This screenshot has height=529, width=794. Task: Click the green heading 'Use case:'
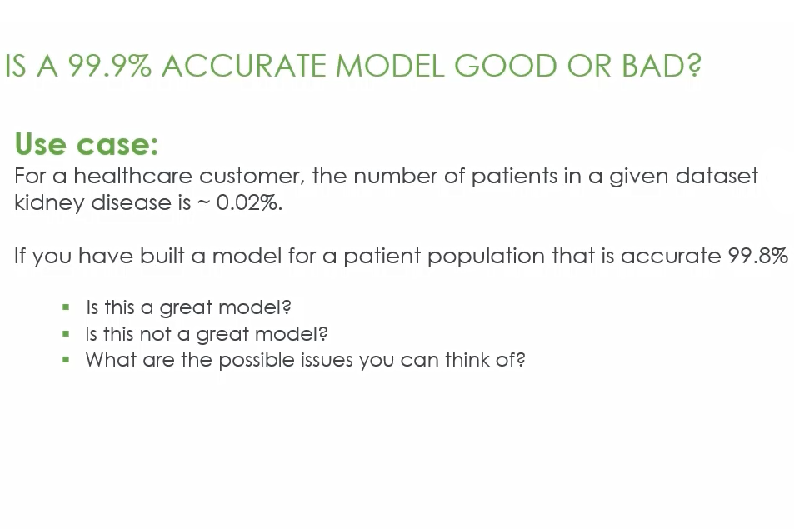86,144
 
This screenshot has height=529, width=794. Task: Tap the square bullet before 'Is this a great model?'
66,307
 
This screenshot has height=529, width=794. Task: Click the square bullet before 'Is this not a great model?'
66,334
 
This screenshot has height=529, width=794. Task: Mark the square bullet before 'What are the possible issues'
66,360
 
